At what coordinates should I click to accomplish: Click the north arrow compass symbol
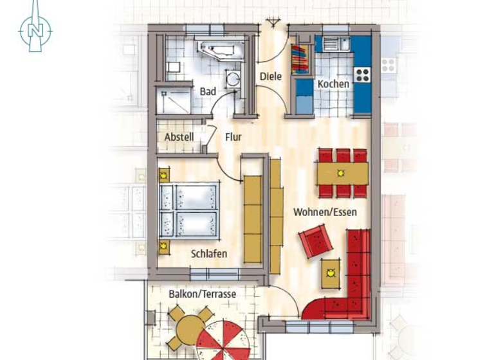pyautogui.click(x=35, y=27)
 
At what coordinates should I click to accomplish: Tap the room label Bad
pyautogui.click(x=208, y=92)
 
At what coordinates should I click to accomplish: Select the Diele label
pyautogui.click(x=271, y=76)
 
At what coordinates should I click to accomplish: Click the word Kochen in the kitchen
pyautogui.click(x=333, y=84)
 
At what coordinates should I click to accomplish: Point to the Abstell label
pyautogui.click(x=178, y=137)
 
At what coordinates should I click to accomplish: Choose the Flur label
pyautogui.click(x=233, y=137)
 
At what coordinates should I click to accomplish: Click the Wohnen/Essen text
pyautogui.click(x=325, y=211)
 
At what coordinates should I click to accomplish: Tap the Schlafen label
pyautogui.click(x=208, y=254)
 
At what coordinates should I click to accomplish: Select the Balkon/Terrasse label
pyautogui.click(x=202, y=294)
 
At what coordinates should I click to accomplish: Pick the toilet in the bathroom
pyautogui.click(x=174, y=66)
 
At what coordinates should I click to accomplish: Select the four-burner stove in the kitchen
pyautogui.click(x=363, y=74)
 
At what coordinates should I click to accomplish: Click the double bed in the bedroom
pyautogui.click(x=188, y=212)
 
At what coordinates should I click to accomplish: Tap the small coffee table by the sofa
pyautogui.click(x=331, y=273)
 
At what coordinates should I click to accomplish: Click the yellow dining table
pyautogui.click(x=342, y=173)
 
